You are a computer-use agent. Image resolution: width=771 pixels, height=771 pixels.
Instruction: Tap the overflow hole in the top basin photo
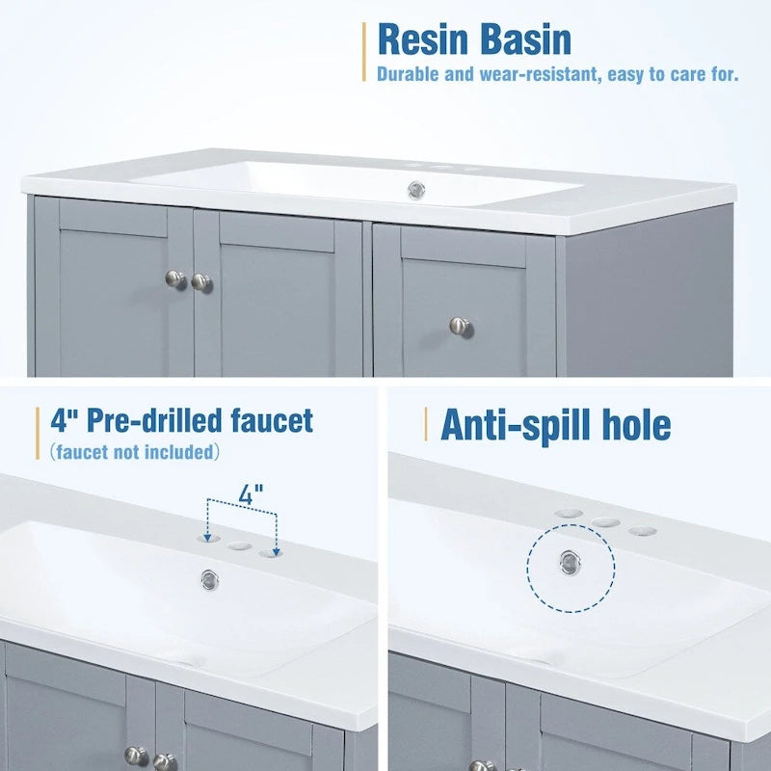tap(416, 187)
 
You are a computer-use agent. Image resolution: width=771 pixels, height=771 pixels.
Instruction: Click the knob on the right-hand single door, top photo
tap(461, 327)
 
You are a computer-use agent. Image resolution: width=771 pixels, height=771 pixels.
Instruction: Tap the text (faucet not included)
tap(135, 451)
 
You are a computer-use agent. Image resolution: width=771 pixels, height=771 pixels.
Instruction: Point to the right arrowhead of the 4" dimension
tap(277, 549)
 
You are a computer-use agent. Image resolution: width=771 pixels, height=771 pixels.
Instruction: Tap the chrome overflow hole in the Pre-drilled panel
tap(208, 578)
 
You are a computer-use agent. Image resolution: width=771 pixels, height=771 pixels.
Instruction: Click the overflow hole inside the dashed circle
tap(571, 561)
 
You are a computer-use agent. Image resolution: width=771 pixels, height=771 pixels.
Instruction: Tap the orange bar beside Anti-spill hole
tap(425, 424)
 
